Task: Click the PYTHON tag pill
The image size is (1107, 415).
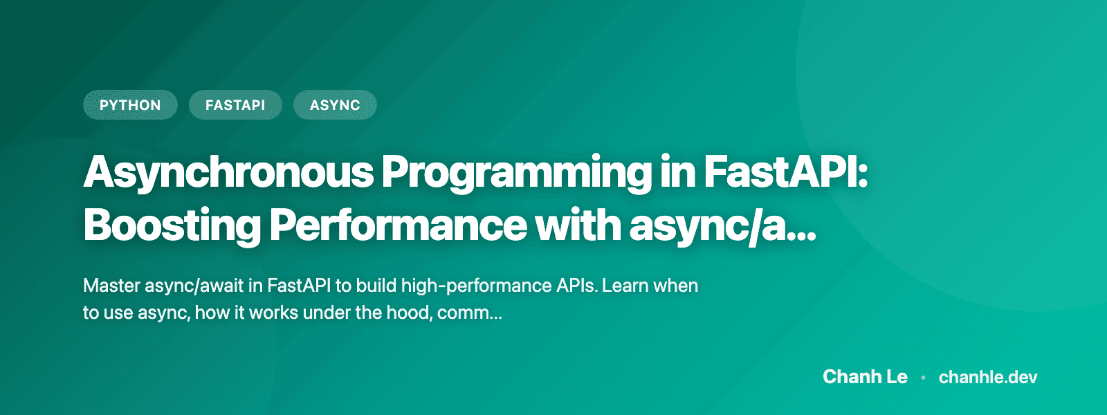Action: tap(130, 105)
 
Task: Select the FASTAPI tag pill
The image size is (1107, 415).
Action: tap(235, 105)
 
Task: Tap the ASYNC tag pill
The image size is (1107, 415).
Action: tap(335, 105)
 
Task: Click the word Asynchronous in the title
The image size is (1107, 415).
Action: tap(228, 172)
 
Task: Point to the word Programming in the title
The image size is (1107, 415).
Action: tap(516, 172)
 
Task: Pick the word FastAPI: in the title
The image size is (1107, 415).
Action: tap(785, 172)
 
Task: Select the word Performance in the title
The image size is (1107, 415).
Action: tap(398, 225)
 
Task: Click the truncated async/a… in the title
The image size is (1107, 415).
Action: tap(722, 225)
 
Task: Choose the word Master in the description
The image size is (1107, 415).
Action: tap(111, 286)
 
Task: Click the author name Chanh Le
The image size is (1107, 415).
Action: tap(865, 377)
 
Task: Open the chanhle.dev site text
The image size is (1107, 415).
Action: tap(987, 377)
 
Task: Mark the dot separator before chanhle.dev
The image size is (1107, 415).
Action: tap(923, 378)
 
